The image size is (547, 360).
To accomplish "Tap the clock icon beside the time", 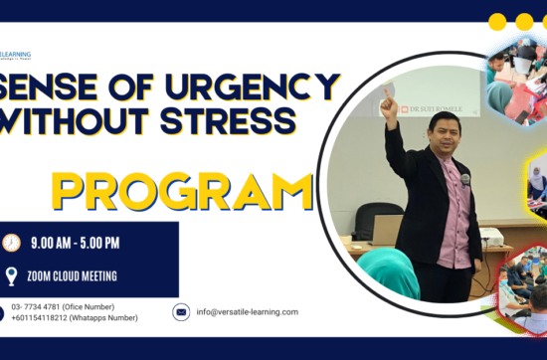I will point(12,243).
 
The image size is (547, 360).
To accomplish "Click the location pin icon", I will point(12,276).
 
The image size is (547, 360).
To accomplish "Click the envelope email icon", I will point(181,312).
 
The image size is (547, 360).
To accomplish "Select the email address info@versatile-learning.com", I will point(248,312).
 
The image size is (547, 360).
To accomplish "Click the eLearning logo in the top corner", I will point(16,56).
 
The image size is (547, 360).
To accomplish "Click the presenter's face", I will point(442,135).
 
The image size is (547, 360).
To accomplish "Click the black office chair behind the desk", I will point(379,215).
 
